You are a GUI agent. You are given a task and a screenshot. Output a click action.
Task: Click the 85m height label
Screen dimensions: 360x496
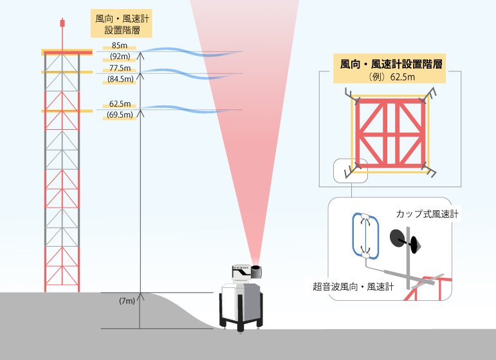coord(118,46)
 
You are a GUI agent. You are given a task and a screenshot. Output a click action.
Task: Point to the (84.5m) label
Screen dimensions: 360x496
coord(120,80)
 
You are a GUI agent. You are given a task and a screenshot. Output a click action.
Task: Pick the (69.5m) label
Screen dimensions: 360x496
coord(120,115)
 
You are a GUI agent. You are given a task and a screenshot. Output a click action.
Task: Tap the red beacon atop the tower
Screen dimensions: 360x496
coord(62,23)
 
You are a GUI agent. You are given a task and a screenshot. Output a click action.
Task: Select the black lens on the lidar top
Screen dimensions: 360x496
coord(257,271)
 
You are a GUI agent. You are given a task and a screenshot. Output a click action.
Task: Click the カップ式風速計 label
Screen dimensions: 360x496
coord(427,213)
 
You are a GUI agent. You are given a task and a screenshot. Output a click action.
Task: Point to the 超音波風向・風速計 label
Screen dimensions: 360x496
coord(352,287)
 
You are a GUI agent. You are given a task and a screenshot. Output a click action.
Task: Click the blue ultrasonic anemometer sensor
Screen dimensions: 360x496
coord(364,236)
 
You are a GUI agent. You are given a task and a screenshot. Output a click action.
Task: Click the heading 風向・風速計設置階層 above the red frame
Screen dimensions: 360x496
coord(393,64)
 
